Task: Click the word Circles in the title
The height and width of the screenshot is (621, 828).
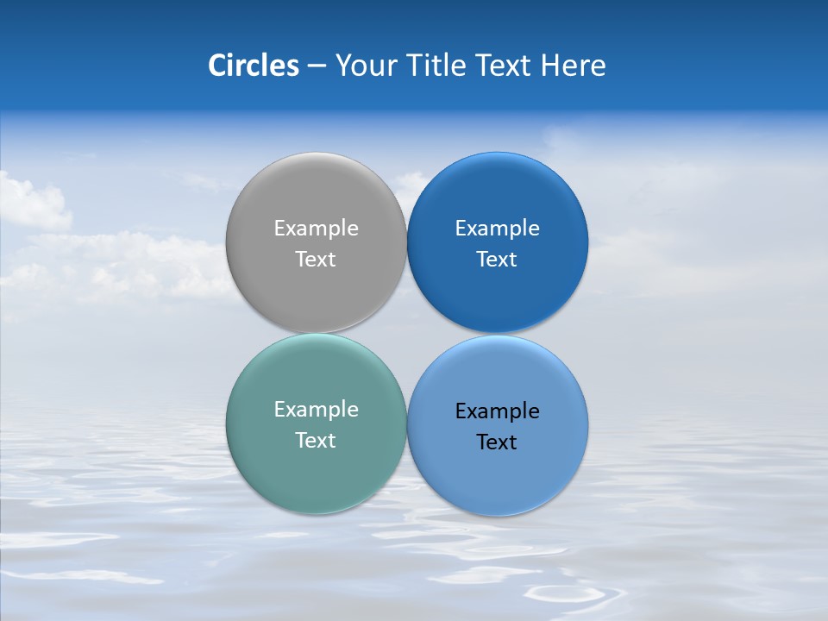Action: point(254,66)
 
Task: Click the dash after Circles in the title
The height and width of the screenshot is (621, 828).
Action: point(317,66)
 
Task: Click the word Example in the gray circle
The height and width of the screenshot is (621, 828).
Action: point(316,229)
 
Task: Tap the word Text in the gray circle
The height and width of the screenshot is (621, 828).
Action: point(316,260)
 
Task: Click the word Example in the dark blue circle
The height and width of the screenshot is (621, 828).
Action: point(497,229)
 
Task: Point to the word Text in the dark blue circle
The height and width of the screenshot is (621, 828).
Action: point(497,260)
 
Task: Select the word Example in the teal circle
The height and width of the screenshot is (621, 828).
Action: point(316,410)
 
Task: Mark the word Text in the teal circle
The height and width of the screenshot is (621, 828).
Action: point(316,441)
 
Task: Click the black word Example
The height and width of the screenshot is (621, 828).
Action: point(497,411)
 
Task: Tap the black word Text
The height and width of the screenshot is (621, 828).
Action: point(497,442)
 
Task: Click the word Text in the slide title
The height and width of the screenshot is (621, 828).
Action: point(505,66)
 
